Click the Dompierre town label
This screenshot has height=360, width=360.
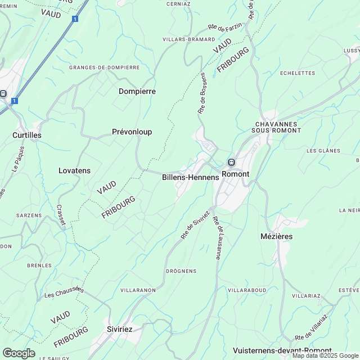(x=137, y=91)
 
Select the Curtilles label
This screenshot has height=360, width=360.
(x=27, y=136)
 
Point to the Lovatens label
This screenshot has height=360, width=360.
(x=74, y=170)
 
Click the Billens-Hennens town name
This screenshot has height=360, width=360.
(x=190, y=177)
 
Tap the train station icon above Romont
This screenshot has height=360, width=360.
(x=231, y=163)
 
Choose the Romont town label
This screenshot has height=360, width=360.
(x=235, y=174)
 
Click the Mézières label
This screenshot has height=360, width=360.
(x=277, y=236)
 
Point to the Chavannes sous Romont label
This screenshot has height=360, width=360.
(x=278, y=127)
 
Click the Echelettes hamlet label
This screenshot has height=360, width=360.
(x=298, y=73)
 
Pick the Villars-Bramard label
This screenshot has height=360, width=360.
(x=188, y=39)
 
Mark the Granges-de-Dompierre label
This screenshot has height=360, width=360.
(x=104, y=67)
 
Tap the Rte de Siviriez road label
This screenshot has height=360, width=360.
(x=195, y=225)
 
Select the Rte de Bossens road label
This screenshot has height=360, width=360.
(x=202, y=93)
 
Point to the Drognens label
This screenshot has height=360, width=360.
(x=181, y=271)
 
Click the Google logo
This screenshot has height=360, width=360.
(x=19, y=353)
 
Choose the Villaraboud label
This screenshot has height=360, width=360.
(x=247, y=290)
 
